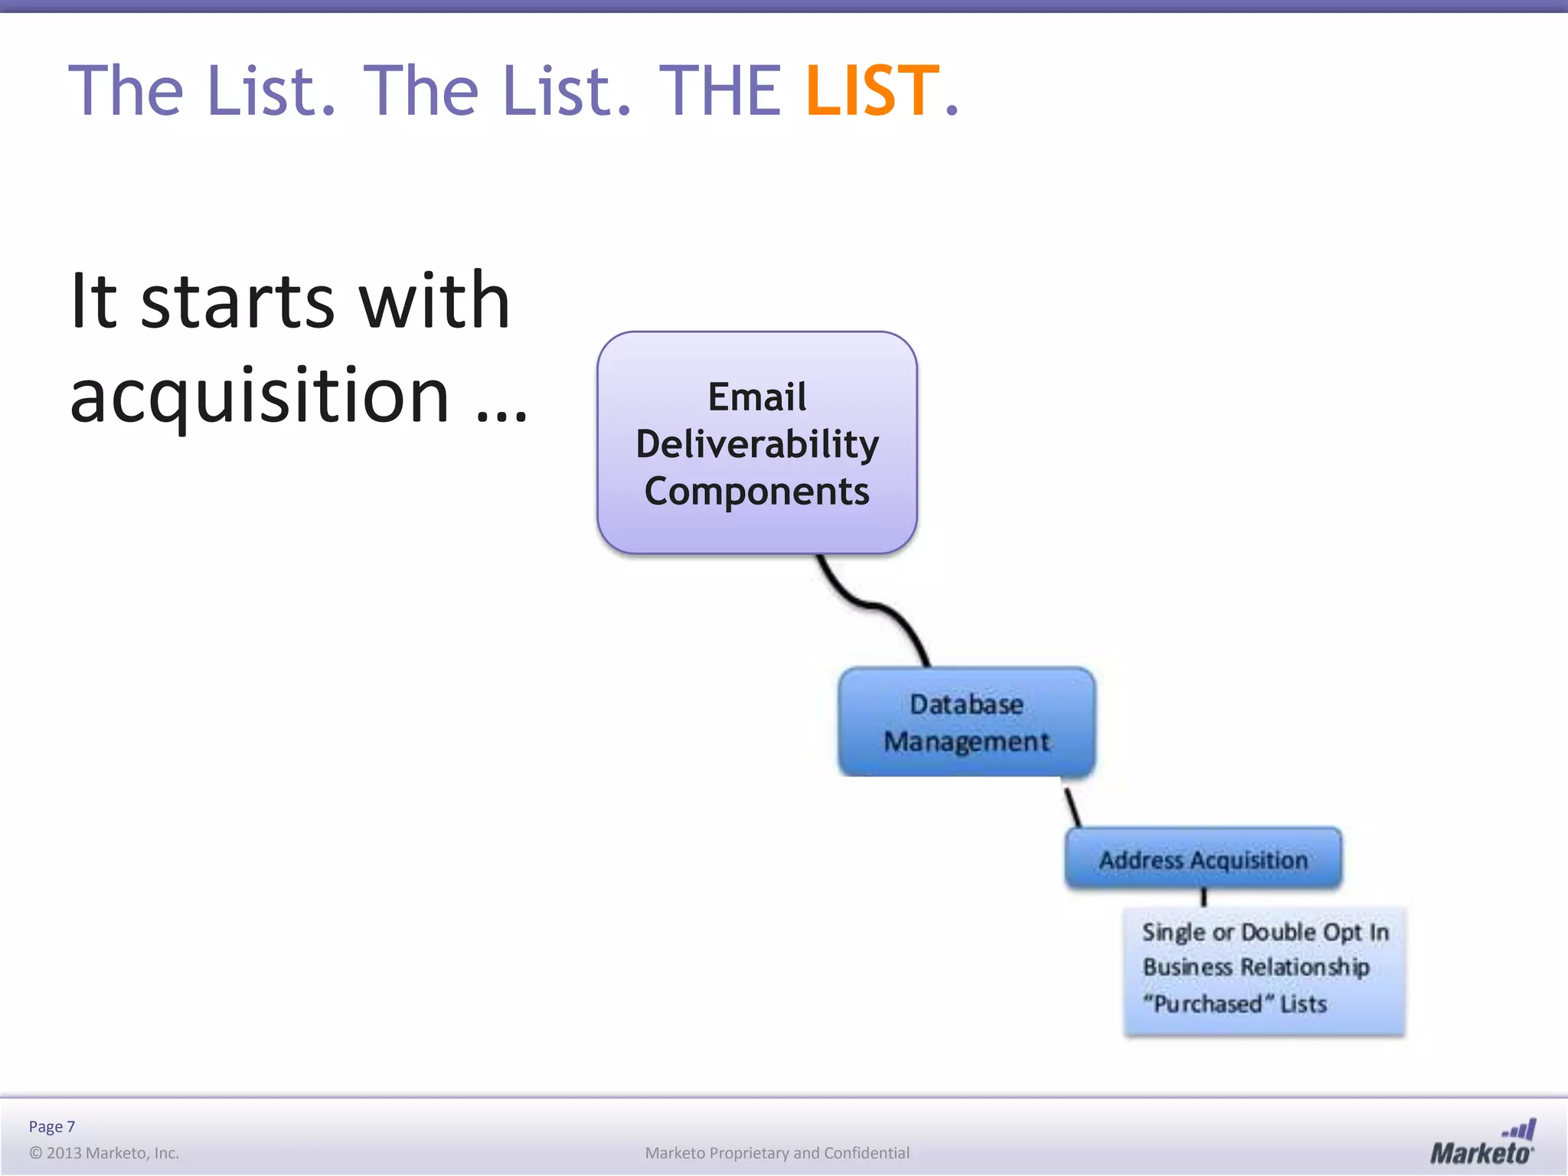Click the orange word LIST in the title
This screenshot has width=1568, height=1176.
click(x=872, y=91)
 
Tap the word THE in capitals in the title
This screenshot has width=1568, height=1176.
click(x=720, y=91)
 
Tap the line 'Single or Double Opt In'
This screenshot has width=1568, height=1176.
click(x=1265, y=932)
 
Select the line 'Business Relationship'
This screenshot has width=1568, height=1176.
click(x=1256, y=967)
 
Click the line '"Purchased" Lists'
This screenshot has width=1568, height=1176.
click(x=1234, y=1004)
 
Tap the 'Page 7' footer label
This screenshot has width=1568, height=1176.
click(x=52, y=1126)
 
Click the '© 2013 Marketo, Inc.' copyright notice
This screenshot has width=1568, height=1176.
click(x=104, y=1153)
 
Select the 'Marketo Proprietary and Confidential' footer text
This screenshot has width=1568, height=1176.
click(x=777, y=1153)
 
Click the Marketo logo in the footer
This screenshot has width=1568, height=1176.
click(x=1482, y=1142)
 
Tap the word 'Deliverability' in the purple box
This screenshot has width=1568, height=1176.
click(x=757, y=444)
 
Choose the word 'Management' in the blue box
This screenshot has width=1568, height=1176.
click(x=966, y=742)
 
